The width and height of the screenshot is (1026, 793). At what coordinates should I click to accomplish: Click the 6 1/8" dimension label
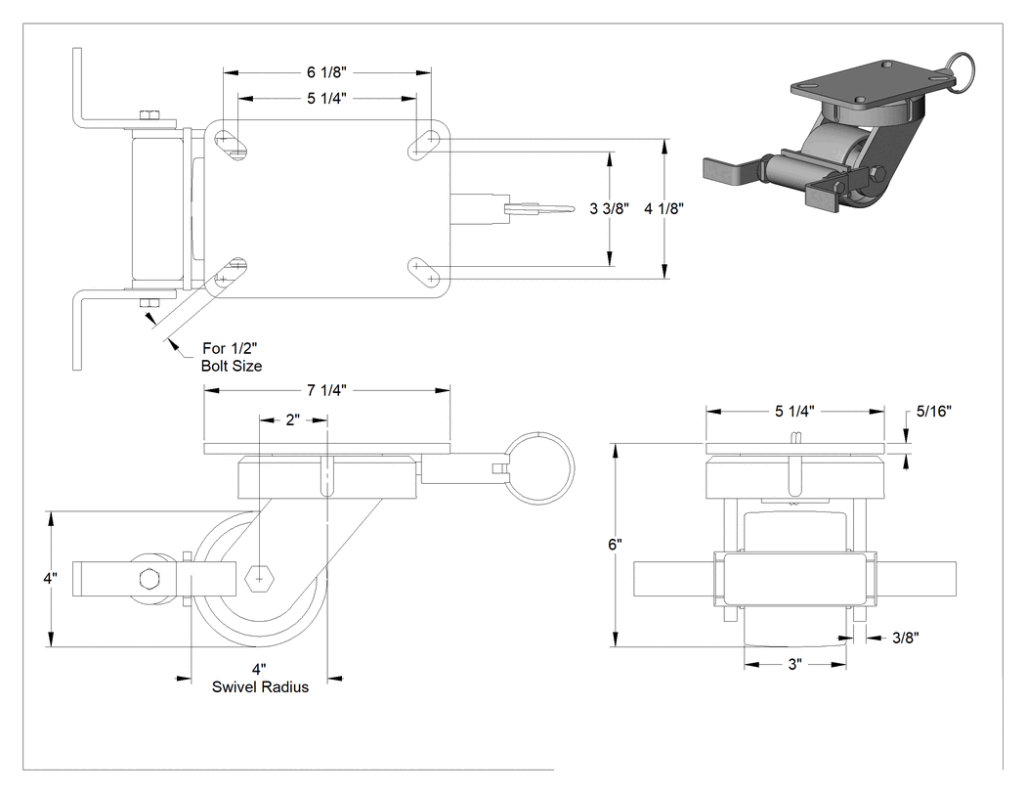[x=326, y=71]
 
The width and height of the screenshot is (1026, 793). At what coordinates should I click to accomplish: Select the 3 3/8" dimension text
[x=609, y=208]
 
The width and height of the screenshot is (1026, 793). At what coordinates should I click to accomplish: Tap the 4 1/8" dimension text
[x=664, y=208]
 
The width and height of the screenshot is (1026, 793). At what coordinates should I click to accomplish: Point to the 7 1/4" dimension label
[x=326, y=390]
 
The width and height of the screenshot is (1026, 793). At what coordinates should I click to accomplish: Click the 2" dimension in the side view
[x=292, y=419]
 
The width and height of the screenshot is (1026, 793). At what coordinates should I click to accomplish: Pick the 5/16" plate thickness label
[x=934, y=411]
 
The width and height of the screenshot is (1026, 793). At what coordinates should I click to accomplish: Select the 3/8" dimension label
[x=906, y=638]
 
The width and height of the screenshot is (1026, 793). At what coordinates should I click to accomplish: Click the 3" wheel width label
[x=794, y=664]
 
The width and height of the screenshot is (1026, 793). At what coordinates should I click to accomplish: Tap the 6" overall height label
[x=615, y=545]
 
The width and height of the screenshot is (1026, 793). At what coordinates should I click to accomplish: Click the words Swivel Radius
[x=261, y=687]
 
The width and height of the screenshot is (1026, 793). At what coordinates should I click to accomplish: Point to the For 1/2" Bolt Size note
[x=231, y=357]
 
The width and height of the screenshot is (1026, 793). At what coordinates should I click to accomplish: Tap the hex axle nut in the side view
[x=260, y=579]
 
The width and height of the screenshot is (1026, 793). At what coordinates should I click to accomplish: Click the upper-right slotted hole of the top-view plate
[x=424, y=144]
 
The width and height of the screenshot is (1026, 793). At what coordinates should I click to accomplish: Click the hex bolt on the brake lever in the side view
[x=150, y=579]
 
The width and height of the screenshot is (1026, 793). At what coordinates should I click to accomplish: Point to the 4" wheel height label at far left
[x=51, y=579]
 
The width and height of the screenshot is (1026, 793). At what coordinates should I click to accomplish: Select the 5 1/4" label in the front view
[x=794, y=411]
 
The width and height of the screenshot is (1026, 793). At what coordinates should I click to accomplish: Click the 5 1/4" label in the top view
[x=326, y=98]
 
